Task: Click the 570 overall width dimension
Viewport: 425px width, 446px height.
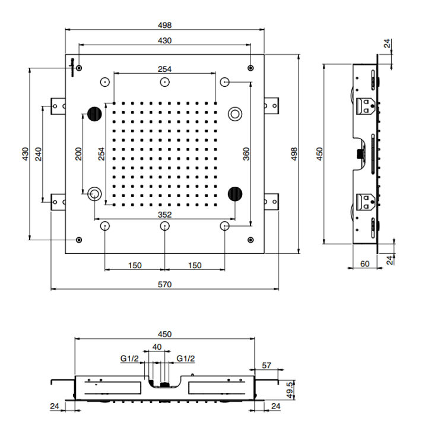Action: (x=164, y=284)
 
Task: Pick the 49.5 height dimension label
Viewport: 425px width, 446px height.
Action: (x=289, y=391)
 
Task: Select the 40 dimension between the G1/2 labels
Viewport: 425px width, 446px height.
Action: (x=157, y=347)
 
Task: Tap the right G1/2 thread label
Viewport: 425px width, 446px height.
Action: (x=185, y=358)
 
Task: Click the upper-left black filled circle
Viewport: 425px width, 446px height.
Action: (x=94, y=112)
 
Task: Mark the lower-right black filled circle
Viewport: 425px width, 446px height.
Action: (x=236, y=192)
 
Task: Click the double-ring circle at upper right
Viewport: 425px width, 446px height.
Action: (x=236, y=112)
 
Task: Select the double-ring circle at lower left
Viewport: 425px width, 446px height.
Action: (x=94, y=193)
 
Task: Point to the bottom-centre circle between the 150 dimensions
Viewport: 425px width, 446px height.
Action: (x=165, y=226)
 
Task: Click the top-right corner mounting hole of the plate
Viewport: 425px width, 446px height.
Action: (x=252, y=67)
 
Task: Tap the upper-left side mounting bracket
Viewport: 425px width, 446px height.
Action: (x=58, y=105)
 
